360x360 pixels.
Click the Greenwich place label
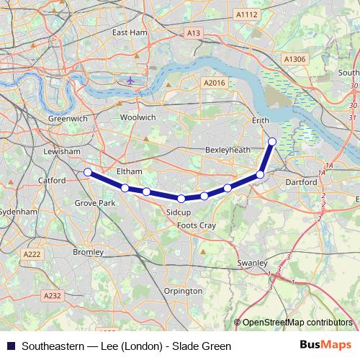click(x=67, y=117)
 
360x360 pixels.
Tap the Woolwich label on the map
click(x=138, y=117)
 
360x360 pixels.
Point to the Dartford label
click(x=301, y=182)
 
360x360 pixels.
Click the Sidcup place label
click(x=178, y=214)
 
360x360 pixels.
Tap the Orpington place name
click(x=183, y=291)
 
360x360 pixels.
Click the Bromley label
click(x=89, y=253)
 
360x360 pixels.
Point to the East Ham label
click(x=130, y=32)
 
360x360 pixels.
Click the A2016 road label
click(x=215, y=84)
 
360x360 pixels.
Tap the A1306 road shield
click(x=294, y=59)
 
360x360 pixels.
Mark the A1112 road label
click(x=246, y=14)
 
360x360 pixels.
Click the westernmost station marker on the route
click(x=87, y=172)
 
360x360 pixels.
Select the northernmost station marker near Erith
click(x=272, y=141)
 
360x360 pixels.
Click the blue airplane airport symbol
click(x=130, y=80)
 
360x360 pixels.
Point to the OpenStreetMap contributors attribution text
click(x=297, y=323)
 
